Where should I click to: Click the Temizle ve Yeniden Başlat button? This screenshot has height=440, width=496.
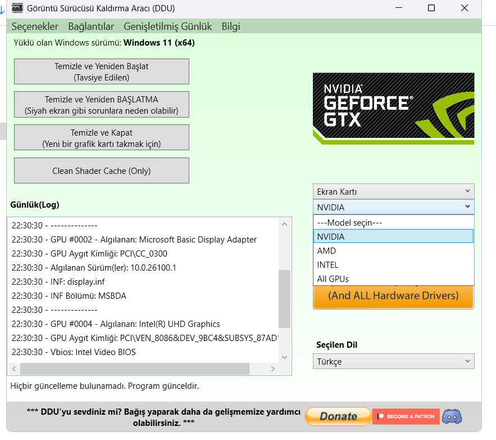pyautogui.click(x=102, y=71)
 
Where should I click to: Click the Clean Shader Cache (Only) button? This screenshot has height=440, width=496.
pyautogui.click(x=102, y=170)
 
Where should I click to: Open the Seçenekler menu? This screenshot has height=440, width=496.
pyautogui.click(x=35, y=26)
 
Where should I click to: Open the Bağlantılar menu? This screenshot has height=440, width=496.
pyautogui.click(x=91, y=26)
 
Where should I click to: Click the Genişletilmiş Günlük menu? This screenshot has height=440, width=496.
pyautogui.click(x=167, y=26)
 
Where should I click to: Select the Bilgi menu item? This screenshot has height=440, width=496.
pyautogui.click(x=231, y=26)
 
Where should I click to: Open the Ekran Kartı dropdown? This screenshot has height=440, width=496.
pyautogui.click(x=394, y=192)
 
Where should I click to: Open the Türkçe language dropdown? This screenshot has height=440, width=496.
pyautogui.click(x=394, y=361)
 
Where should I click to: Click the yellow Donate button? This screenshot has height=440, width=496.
pyautogui.click(x=338, y=416)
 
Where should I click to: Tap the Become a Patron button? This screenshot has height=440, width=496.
pyautogui.click(x=406, y=416)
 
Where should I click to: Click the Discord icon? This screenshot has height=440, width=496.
pyautogui.click(x=452, y=416)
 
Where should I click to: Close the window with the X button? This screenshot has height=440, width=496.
pyautogui.click(x=465, y=8)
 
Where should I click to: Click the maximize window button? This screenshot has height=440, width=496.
pyautogui.click(x=431, y=8)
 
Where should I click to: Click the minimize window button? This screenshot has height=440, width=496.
pyautogui.click(x=399, y=8)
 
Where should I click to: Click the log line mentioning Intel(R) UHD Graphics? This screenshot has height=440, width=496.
pyautogui.click(x=116, y=324)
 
